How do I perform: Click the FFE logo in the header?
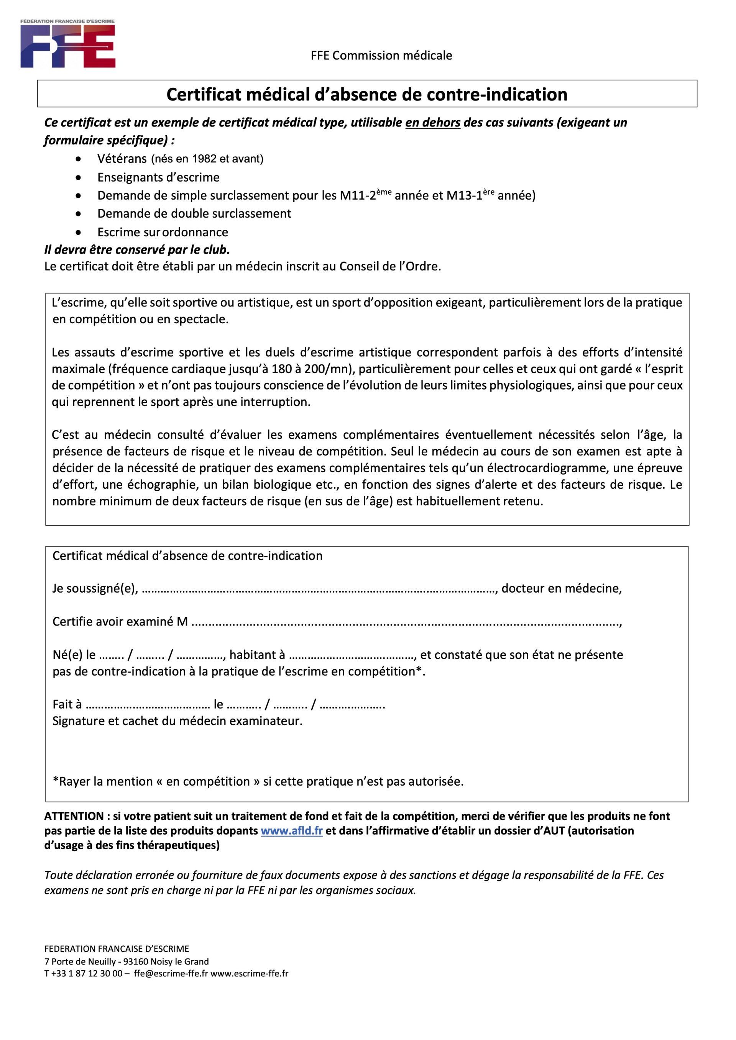pos(67,44)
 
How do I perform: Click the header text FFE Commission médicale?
pos(381,56)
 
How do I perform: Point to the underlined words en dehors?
pos(432,123)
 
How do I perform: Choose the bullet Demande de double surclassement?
pos(194,213)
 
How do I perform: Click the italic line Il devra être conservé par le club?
pos(137,250)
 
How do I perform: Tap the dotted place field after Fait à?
pos(147,705)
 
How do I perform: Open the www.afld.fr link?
pos(291,831)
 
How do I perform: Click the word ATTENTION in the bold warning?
pos(74,816)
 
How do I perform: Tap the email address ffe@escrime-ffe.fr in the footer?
pos(171,973)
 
